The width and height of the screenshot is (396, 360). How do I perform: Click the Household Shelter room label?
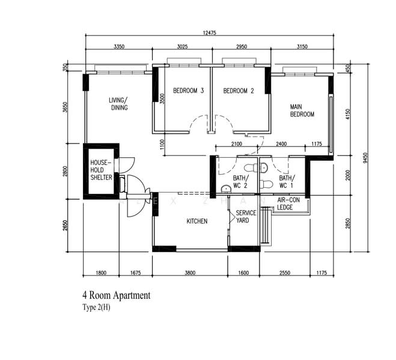pos(102,170)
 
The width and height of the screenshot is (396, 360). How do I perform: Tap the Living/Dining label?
pos(118,104)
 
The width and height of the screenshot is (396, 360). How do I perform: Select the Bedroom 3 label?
pos(189,91)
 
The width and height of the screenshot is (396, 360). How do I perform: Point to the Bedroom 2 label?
pos(239,91)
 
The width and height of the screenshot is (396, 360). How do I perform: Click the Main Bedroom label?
pos(302,110)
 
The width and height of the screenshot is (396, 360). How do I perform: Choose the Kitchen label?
pos(197,221)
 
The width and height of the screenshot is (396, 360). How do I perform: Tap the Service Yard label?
pos(246,217)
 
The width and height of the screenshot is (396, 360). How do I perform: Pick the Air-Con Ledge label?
pos(288,203)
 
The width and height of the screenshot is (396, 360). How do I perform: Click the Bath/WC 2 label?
pos(240,182)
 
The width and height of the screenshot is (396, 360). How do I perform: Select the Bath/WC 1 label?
pos(287,182)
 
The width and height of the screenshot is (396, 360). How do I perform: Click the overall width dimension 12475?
pos(210,33)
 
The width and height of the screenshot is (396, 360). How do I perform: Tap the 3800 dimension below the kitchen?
pos(190,273)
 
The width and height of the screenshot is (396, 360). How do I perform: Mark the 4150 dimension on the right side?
pos(348,114)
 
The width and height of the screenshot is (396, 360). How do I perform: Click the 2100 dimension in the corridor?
pos(237,144)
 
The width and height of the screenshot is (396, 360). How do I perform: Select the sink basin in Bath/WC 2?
pos(226,189)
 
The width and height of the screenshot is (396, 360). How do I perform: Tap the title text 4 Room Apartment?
pos(116,295)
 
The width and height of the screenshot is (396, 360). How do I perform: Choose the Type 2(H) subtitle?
pos(96,308)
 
